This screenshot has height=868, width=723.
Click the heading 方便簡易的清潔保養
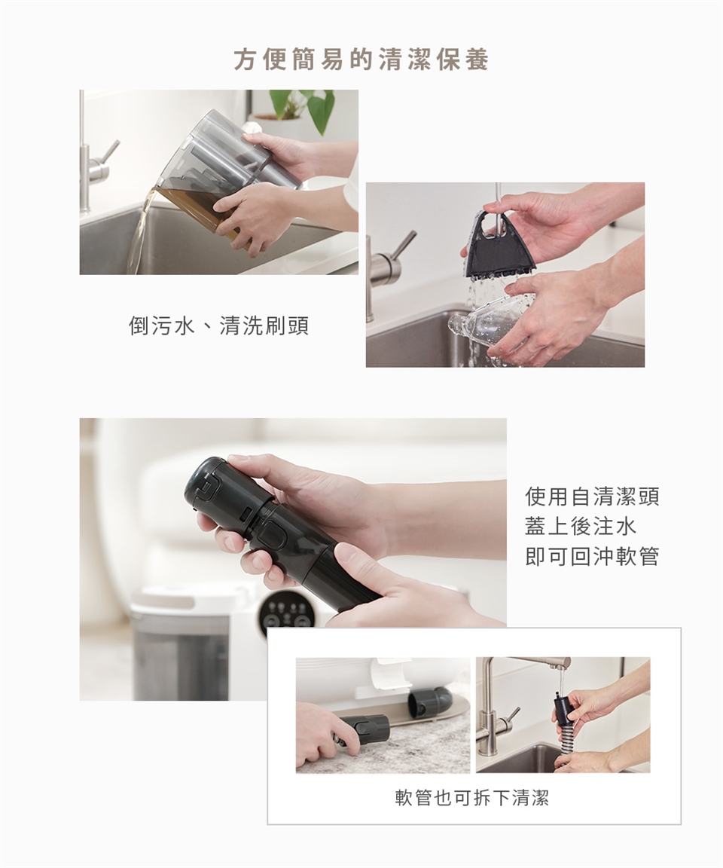361,60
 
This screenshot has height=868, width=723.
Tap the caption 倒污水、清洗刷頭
218,325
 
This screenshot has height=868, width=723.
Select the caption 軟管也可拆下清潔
472,798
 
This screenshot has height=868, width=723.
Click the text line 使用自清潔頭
592,497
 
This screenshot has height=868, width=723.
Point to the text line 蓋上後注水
580,526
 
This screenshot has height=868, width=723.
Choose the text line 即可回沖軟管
592,555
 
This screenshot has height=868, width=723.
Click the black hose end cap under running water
563,708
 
